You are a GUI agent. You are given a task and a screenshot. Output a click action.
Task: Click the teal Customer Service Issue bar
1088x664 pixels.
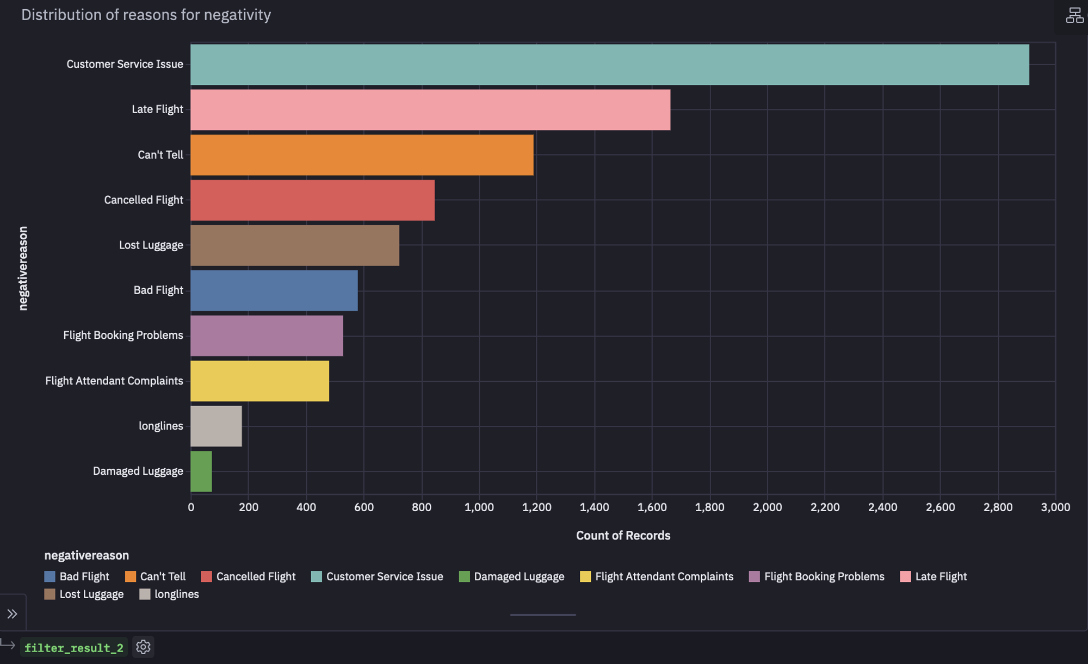click(x=609, y=64)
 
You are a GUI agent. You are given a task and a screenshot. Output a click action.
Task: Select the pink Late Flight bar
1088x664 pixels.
click(x=430, y=110)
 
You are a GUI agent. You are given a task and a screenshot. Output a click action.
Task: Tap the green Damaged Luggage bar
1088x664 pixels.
click(x=201, y=471)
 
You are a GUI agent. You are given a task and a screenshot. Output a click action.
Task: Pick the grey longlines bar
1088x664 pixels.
click(x=216, y=426)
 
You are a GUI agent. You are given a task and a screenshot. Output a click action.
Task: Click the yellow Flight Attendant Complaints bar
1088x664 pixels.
click(x=259, y=381)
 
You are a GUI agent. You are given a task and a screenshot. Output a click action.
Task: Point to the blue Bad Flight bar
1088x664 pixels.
click(x=274, y=291)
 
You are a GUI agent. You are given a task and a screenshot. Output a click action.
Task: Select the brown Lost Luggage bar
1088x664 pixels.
click(x=294, y=245)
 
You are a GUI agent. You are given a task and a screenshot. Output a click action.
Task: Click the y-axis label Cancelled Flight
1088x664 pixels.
click(x=143, y=200)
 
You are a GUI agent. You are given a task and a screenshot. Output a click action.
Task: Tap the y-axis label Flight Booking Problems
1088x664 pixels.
click(x=123, y=336)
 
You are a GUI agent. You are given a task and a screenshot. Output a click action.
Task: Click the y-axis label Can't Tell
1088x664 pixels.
click(x=160, y=155)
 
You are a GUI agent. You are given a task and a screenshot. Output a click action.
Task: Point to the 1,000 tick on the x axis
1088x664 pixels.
click(x=479, y=507)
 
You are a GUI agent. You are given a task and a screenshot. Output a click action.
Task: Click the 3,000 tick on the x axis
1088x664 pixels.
click(x=1055, y=507)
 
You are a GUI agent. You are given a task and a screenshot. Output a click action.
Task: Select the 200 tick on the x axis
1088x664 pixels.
click(x=249, y=507)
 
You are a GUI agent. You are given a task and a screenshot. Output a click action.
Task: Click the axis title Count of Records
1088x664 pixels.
click(x=623, y=536)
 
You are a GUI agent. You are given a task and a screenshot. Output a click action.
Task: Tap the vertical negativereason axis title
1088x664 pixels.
click(x=23, y=269)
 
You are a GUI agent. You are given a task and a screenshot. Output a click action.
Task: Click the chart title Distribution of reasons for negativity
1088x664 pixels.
click(x=146, y=15)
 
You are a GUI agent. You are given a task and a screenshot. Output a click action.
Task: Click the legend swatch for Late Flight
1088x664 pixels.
click(x=905, y=577)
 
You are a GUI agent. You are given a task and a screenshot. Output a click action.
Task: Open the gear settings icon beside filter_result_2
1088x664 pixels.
click(x=143, y=647)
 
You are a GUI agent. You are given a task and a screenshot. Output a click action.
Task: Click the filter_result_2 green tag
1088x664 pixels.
click(x=74, y=648)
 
